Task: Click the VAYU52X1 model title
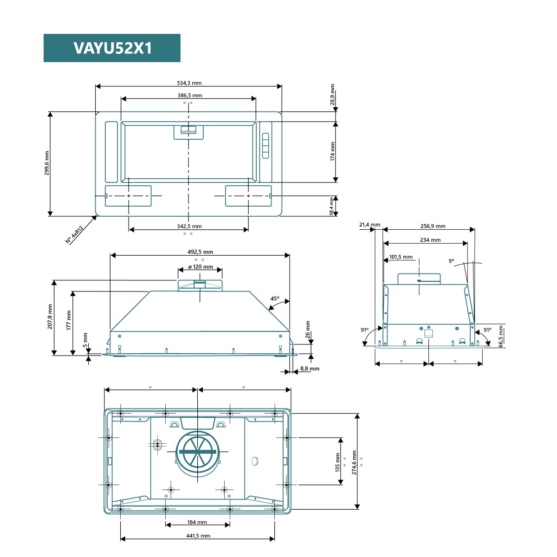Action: (112, 48)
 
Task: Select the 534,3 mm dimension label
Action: (189, 83)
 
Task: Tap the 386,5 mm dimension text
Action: (190, 96)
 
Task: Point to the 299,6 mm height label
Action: (46, 163)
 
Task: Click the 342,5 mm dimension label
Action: (189, 227)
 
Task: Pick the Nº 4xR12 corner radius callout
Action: (74, 234)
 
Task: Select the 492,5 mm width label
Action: (200, 252)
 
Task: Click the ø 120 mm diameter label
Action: (201, 266)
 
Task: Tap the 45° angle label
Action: (275, 298)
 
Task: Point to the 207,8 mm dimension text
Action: (50, 317)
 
